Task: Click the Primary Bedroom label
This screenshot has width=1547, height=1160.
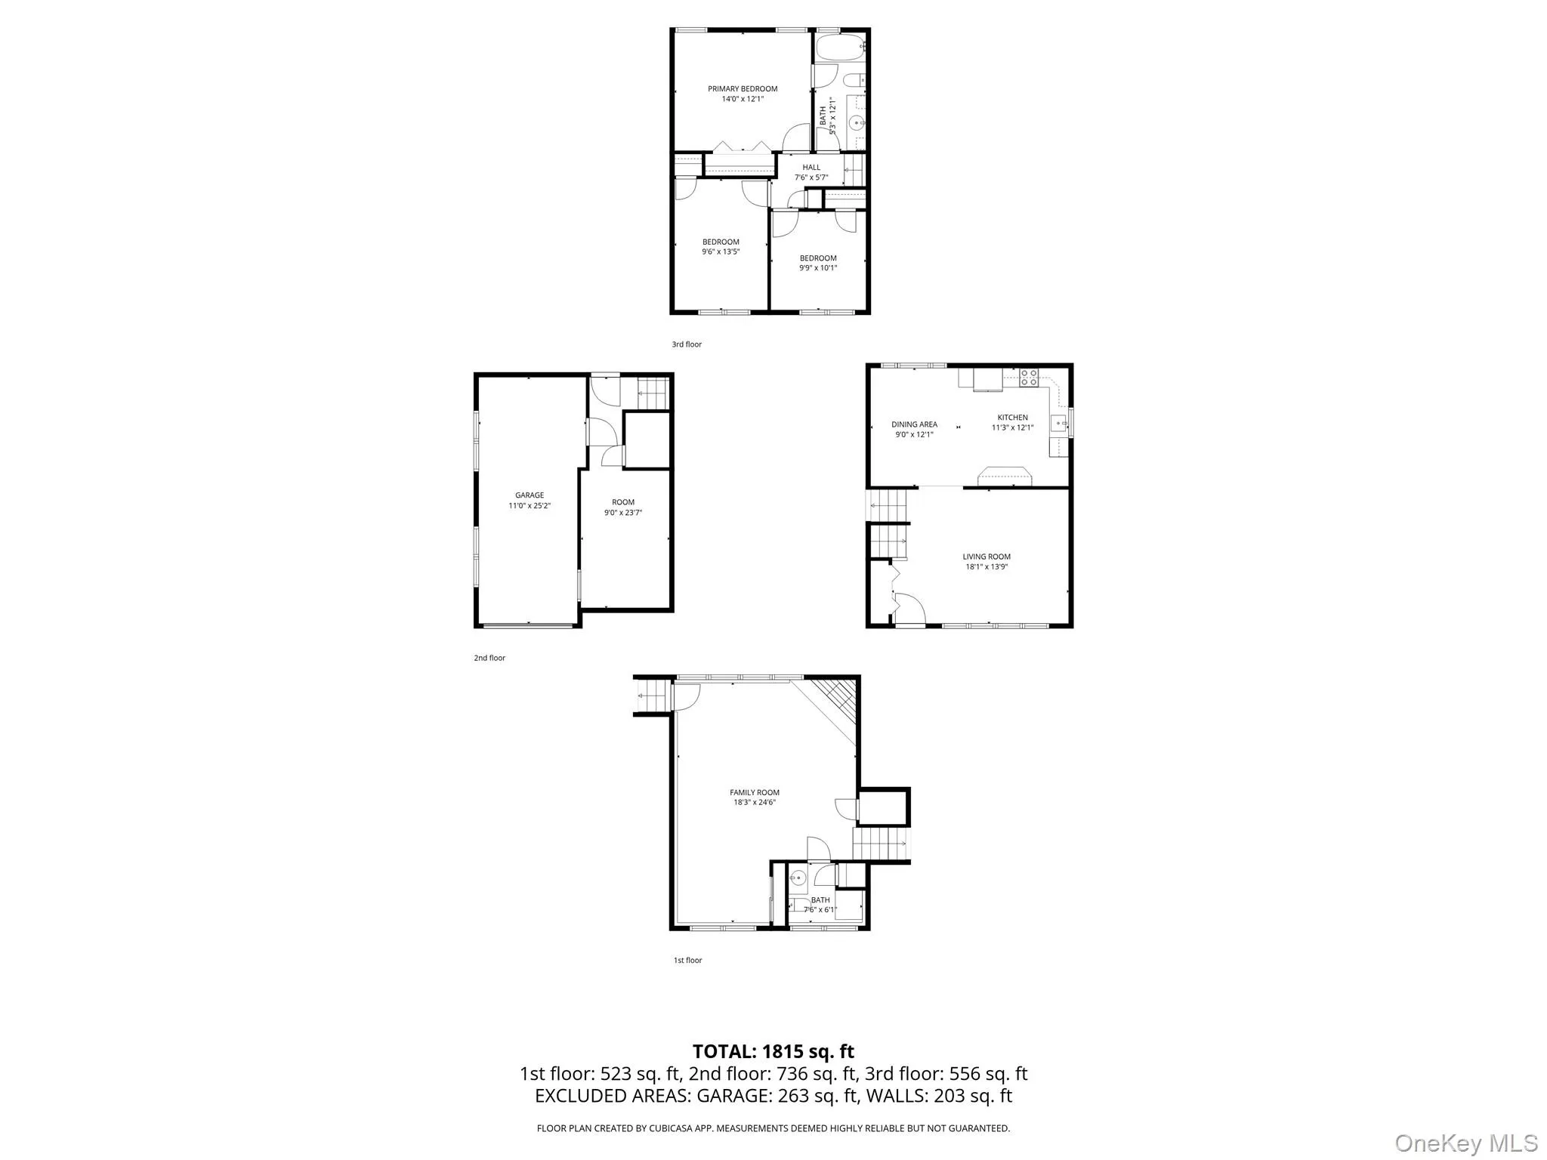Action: click(743, 89)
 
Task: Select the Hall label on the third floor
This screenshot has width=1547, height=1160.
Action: click(811, 168)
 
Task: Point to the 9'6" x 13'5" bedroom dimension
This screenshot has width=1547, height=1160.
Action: click(721, 252)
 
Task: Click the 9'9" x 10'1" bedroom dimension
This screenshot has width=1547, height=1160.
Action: click(818, 268)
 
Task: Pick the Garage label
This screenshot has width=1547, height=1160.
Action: click(530, 495)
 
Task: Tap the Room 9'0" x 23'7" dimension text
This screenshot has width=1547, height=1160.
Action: click(623, 513)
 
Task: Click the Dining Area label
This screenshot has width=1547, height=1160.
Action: click(914, 424)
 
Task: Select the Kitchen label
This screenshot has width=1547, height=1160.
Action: click(1012, 418)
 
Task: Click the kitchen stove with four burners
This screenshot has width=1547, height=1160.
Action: click(1028, 378)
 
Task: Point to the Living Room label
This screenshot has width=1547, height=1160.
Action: click(987, 557)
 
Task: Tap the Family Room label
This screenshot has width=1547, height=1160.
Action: click(755, 793)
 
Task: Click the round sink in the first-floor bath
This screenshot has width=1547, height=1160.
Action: click(798, 878)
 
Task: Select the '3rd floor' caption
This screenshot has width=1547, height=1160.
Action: click(687, 344)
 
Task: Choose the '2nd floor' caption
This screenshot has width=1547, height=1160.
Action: click(489, 658)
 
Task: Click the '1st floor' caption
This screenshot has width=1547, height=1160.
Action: click(688, 961)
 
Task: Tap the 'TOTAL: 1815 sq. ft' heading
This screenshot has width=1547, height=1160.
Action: click(773, 1051)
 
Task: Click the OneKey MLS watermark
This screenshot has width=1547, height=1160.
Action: click(1466, 1142)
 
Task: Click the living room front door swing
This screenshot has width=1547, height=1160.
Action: click(910, 609)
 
